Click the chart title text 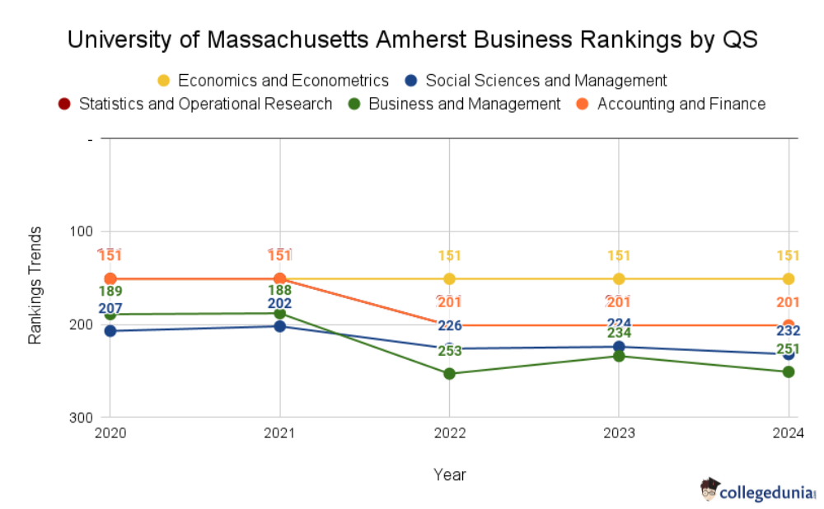(412, 39)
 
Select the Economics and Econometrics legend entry (273, 81)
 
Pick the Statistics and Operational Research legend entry (195, 104)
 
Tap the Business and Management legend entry (455, 104)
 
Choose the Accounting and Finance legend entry (672, 104)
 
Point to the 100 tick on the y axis (82, 231)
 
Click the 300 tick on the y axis (82, 418)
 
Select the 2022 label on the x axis (449, 432)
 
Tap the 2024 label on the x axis (789, 432)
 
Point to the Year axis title (449, 474)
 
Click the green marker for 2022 (449, 374)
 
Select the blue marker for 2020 (110, 331)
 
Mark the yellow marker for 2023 (619, 278)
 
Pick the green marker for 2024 (789, 372)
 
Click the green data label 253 (449, 352)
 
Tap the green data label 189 (110, 292)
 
